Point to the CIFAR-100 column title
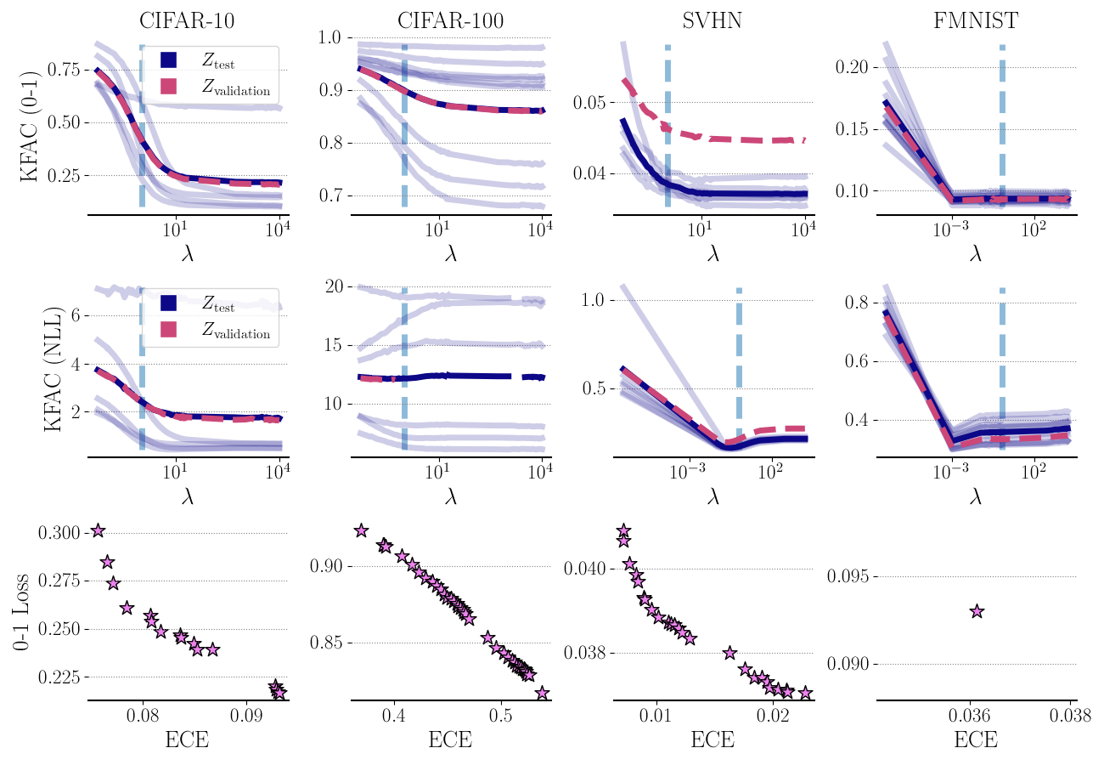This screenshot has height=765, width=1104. (450, 19)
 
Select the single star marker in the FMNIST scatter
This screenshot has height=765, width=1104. (977, 611)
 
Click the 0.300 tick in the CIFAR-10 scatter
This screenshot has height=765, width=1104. (61, 532)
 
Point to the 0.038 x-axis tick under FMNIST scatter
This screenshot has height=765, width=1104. (1068, 717)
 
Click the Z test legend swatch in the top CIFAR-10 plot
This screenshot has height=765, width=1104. (168, 59)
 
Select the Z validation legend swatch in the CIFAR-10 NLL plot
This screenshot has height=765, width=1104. (168, 332)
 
